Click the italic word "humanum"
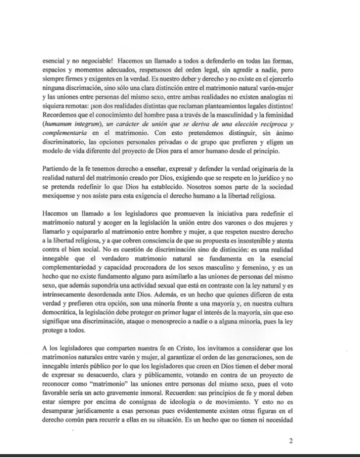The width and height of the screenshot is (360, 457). click(x=62, y=124)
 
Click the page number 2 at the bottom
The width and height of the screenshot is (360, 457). click(x=291, y=441)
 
